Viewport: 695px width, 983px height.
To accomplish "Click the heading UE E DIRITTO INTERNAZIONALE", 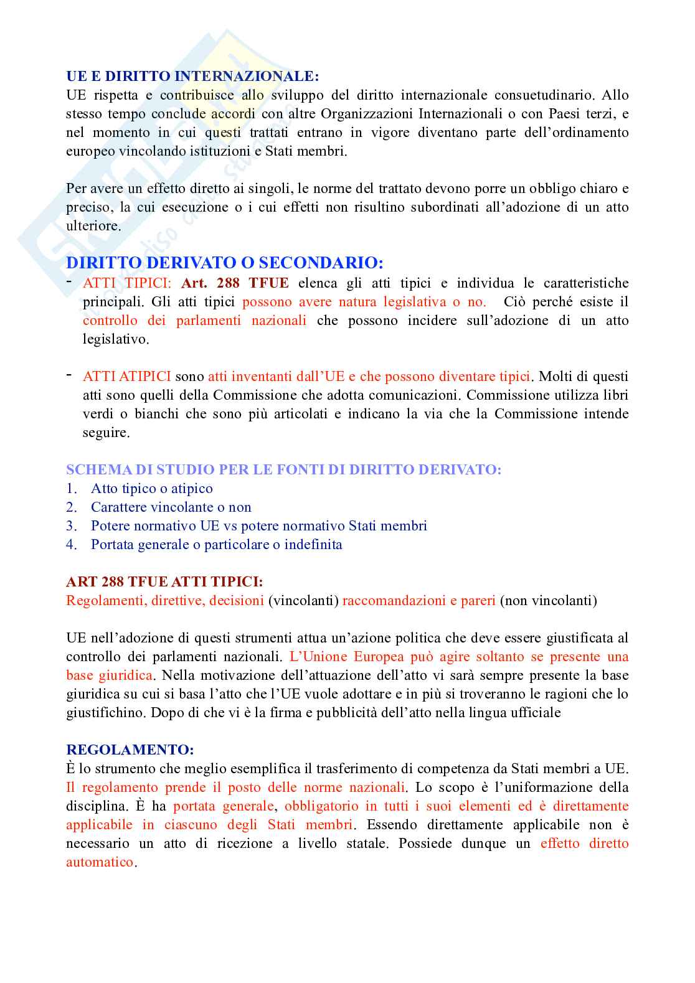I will [x=192, y=76].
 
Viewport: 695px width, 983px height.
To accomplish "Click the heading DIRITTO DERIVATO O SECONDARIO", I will [x=224, y=263].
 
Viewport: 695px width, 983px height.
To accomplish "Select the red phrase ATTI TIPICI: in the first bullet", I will [x=127, y=283].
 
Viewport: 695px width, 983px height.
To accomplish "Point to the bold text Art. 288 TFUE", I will [x=235, y=283].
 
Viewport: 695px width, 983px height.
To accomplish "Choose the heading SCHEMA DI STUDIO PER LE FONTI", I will [x=283, y=469].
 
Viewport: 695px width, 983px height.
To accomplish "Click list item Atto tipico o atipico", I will [x=152, y=489].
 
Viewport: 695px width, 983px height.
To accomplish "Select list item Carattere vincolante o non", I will [x=171, y=507].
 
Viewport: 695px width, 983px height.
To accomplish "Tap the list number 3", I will [x=71, y=526].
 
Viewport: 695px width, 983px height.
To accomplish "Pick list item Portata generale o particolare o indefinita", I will [x=217, y=545].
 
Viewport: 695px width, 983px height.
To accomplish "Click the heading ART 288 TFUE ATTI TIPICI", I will [x=164, y=581].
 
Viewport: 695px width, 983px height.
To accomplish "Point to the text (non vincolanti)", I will [x=548, y=601].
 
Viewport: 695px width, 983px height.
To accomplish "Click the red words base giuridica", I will [x=109, y=675].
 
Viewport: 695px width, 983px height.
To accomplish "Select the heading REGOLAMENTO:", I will [x=130, y=750].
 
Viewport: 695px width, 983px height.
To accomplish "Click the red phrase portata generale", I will [x=223, y=806].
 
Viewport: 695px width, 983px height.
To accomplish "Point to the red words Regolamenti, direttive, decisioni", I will [x=165, y=601].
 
